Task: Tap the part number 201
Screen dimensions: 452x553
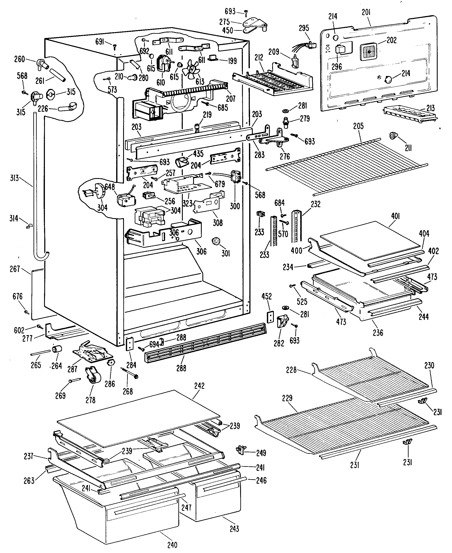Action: (x=366, y=12)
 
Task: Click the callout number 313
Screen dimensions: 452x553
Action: (x=15, y=178)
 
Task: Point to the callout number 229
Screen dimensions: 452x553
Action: (x=287, y=405)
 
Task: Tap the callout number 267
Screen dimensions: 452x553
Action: (x=15, y=269)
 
